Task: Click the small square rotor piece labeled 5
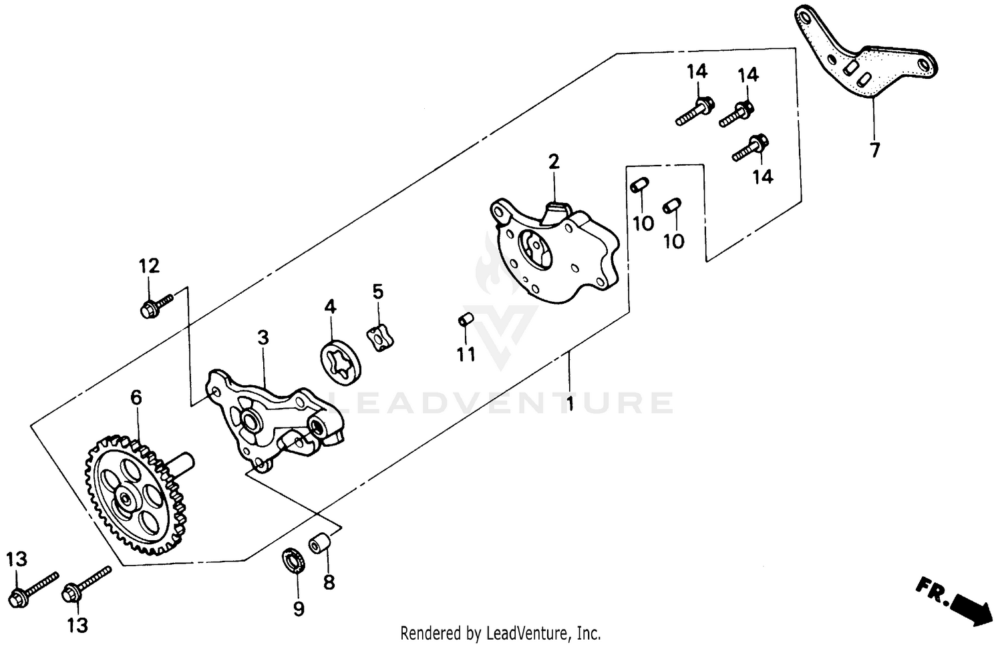click(x=379, y=337)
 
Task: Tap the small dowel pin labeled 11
click(x=465, y=321)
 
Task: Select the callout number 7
click(x=874, y=150)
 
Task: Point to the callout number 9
click(x=299, y=608)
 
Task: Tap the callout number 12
click(x=149, y=266)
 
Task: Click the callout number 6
click(x=136, y=398)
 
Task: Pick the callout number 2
click(x=553, y=162)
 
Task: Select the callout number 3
click(x=263, y=338)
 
